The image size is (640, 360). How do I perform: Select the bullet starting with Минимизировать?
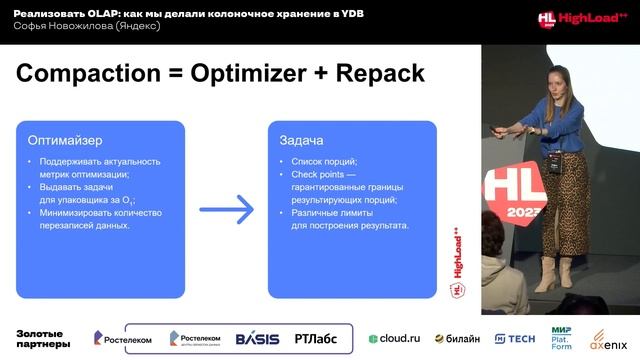click(100, 213)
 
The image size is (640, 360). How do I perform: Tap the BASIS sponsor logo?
click(258, 338)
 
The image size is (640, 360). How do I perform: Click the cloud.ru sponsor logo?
click(394, 338)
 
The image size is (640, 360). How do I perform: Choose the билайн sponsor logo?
click(456, 338)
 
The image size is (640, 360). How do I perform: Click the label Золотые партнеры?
click(43, 338)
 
